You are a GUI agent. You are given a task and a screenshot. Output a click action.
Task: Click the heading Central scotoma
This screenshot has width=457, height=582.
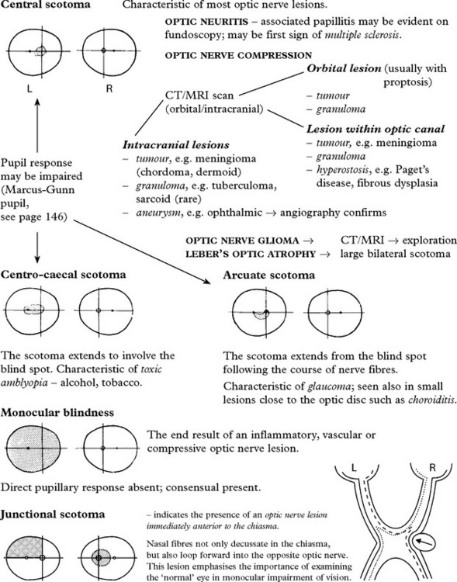point(45,5)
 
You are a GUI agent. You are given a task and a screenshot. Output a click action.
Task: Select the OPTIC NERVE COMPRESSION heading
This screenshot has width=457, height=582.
point(238,55)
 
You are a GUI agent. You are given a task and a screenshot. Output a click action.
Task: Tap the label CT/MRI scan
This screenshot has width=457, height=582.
point(199,95)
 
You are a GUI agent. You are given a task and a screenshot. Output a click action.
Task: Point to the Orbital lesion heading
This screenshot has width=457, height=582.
point(344,68)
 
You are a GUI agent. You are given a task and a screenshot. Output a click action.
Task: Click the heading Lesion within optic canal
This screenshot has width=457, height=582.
point(376,129)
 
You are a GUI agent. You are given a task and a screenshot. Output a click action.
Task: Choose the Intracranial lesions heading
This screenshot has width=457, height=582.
point(176,145)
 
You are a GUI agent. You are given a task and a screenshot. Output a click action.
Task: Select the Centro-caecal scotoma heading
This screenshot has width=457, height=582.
point(63,274)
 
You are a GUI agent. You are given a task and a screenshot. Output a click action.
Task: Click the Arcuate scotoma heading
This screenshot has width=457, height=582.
point(268,275)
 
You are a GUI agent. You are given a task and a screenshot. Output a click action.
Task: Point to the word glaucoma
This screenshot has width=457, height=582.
point(329,386)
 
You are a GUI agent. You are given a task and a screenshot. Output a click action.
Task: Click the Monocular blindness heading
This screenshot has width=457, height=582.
point(57,412)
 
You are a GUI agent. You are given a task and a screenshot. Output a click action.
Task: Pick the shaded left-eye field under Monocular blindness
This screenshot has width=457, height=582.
point(33,449)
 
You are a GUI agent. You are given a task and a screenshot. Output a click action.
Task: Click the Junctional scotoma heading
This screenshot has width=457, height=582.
point(52,514)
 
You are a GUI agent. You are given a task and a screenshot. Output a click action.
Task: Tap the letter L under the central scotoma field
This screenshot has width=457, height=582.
point(29,88)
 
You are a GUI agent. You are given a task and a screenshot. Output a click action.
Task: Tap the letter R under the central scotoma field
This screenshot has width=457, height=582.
point(109,88)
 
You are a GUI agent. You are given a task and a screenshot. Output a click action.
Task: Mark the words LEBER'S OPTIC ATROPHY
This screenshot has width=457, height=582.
point(251,255)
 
